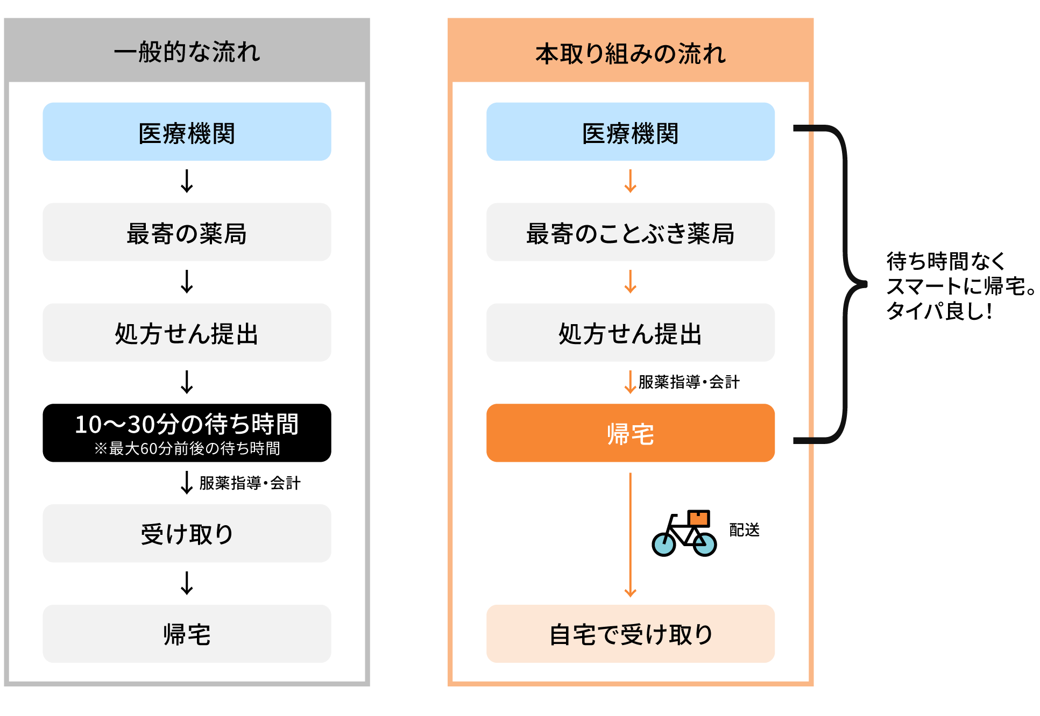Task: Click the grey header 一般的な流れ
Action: pos(187,52)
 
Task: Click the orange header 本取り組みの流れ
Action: pos(630,53)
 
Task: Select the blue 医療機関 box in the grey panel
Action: pos(187,132)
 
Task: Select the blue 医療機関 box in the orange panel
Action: pos(630,132)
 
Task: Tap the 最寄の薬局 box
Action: pos(187,232)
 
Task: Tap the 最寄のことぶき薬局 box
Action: pos(630,232)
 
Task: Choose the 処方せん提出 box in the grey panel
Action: pos(187,333)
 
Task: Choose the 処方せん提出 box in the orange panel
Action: pos(630,333)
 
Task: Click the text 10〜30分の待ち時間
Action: pos(187,424)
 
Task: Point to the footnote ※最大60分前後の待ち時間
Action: pos(187,448)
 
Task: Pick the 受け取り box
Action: pos(187,534)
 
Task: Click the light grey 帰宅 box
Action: pos(187,634)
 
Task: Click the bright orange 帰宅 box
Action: pos(630,433)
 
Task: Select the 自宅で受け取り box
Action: pos(630,634)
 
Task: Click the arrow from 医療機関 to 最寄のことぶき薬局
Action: pos(630,182)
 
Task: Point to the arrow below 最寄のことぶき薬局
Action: pos(630,282)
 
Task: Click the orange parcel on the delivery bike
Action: pos(698,518)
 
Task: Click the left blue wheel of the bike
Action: pos(664,545)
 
